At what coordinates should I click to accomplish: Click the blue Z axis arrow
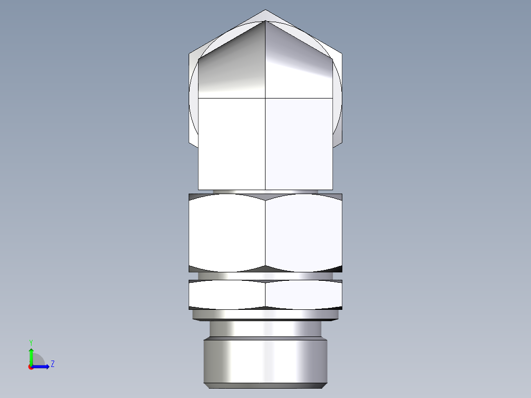43,366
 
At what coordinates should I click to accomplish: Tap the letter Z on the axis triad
52,364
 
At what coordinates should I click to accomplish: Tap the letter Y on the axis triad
31,342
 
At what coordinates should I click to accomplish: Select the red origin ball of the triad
31,367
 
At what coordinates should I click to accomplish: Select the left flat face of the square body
232,143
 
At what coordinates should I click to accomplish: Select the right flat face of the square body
299,143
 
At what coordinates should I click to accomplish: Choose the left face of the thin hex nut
227,294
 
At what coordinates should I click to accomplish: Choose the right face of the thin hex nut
303,294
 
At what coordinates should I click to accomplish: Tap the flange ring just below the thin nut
265,314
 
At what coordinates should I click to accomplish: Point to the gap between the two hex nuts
265,276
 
